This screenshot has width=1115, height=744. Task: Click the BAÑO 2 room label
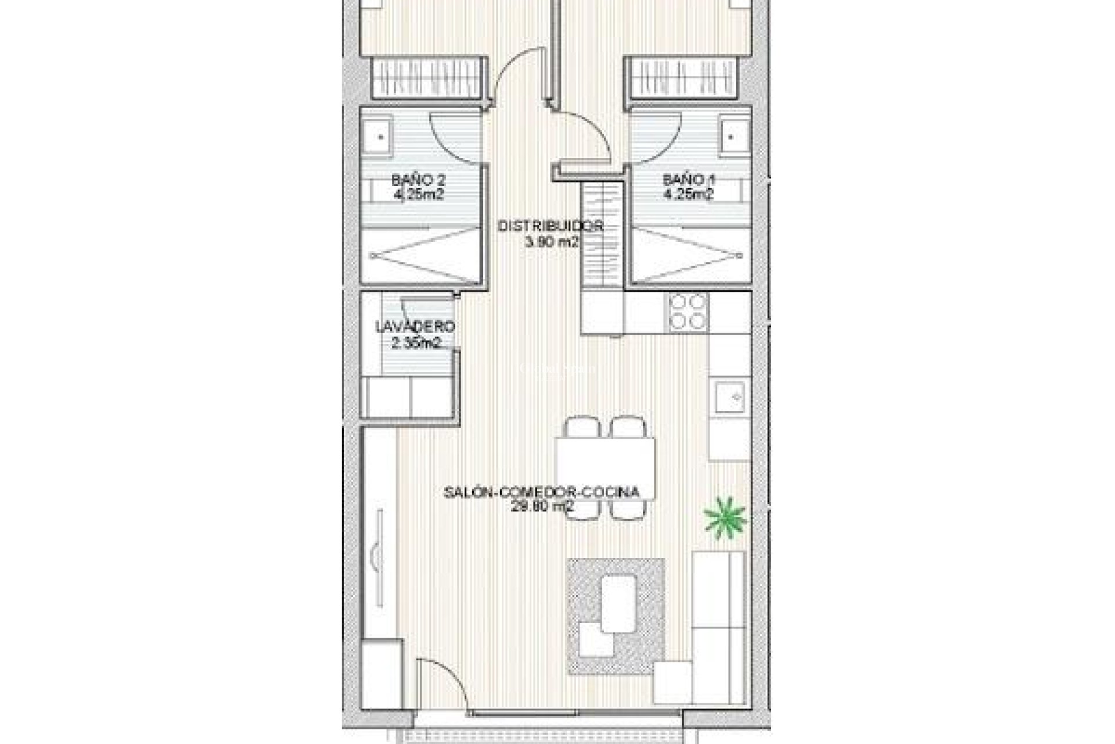(x=418, y=180)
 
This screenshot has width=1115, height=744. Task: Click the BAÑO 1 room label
(x=689, y=180)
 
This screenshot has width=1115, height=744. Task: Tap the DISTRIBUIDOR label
(x=551, y=226)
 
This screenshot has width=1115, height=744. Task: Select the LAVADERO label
(x=415, y=327)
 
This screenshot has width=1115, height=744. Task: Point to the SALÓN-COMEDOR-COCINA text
(x=541, y=492)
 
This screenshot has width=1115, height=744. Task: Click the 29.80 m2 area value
(x=542, y=506)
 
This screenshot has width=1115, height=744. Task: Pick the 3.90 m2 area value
(x=551, y=243)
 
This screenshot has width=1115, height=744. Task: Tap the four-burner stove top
(x=689, y=312)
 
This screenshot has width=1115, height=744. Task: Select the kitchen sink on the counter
(x=730, y=398)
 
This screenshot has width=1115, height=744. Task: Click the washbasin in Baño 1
(x=731, y=137)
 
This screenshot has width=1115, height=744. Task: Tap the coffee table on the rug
(x=618, y=603)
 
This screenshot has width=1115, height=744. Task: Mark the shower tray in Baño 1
(x=688, y=255)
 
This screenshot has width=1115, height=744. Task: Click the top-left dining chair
(x=582, y=428)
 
